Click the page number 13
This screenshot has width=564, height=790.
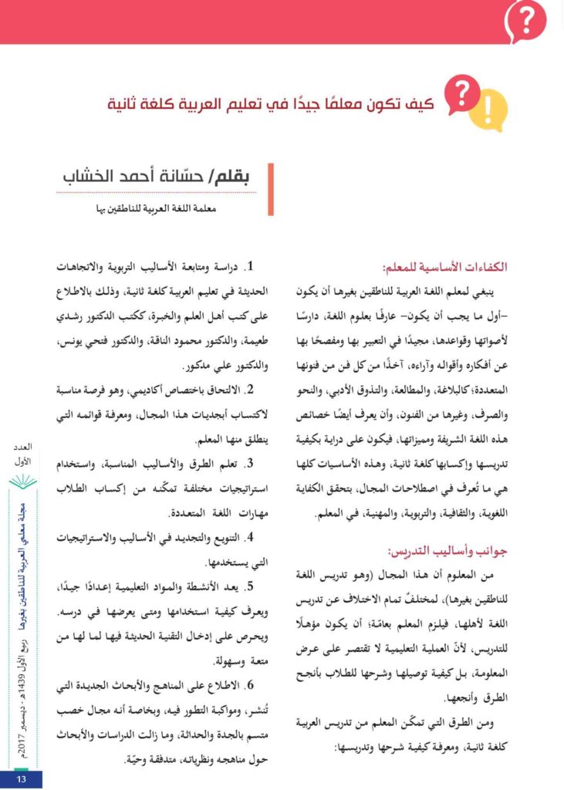point(21,779)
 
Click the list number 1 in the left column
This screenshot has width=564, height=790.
point(249,268)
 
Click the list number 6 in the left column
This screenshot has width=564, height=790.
point(249,686)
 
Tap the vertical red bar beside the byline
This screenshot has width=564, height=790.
point(271,188)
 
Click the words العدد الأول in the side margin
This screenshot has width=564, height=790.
point(22,454)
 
